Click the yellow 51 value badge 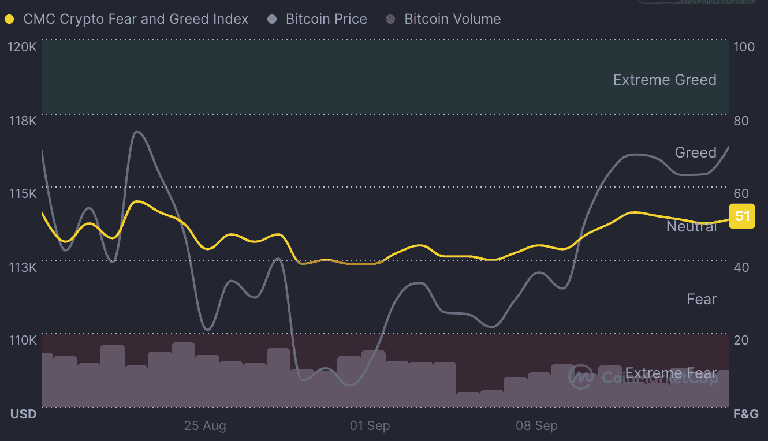[x=742, y=216]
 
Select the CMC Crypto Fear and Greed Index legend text [x=136, y=19]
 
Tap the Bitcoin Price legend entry [x=326, y=19]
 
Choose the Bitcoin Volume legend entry [x=452, y=19]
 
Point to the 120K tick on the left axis [x=23, y=47]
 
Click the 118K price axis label [x=23, y=121]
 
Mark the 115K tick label [x=23, y=193]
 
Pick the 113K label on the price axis [x=23, y=267]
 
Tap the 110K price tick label [x=23, y=339]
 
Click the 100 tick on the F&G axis [x=744, y=47]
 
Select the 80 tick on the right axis [x=741, y=121]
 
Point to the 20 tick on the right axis [x=741, y=339]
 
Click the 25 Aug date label [x=205, y=426]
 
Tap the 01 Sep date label [x=370, y=426]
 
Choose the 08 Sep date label [x=536, y=426]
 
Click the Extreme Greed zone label [x=665, y=80]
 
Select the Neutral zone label [x=691, y=227]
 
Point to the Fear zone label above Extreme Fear [x=702, y=299]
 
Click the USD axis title [x=23, y=414]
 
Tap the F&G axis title [x=745, y=414]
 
